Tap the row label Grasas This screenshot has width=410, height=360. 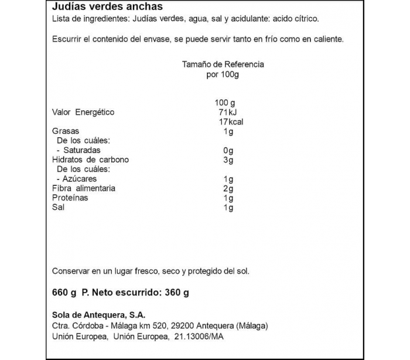pyautogui.click(x=65, y=131)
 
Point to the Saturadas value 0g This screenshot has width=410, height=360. pyautogui.click(x=228, y=151)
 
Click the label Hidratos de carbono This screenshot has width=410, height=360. pyautogui.click(x=90, y=160)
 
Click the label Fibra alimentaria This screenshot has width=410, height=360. pyautogui.click(x=84, y=188)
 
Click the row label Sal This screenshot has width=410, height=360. pyautogui.click(x=58, y=208)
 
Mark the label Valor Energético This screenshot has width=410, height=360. pyautogui.click(x=83, y=113)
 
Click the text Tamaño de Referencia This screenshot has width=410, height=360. pyautogui.click(x=223, y=64)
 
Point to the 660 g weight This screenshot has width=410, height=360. pyautogui.click(x=64, y=293)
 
